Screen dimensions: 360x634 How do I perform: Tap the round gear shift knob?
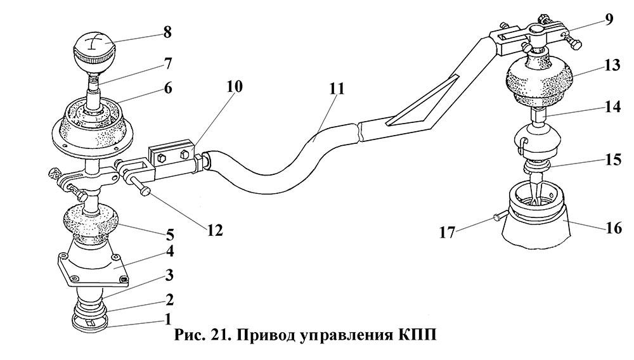coord(93,51)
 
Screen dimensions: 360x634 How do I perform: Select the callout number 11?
coord(337,88)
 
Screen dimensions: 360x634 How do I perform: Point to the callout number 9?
coord(609,19)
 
